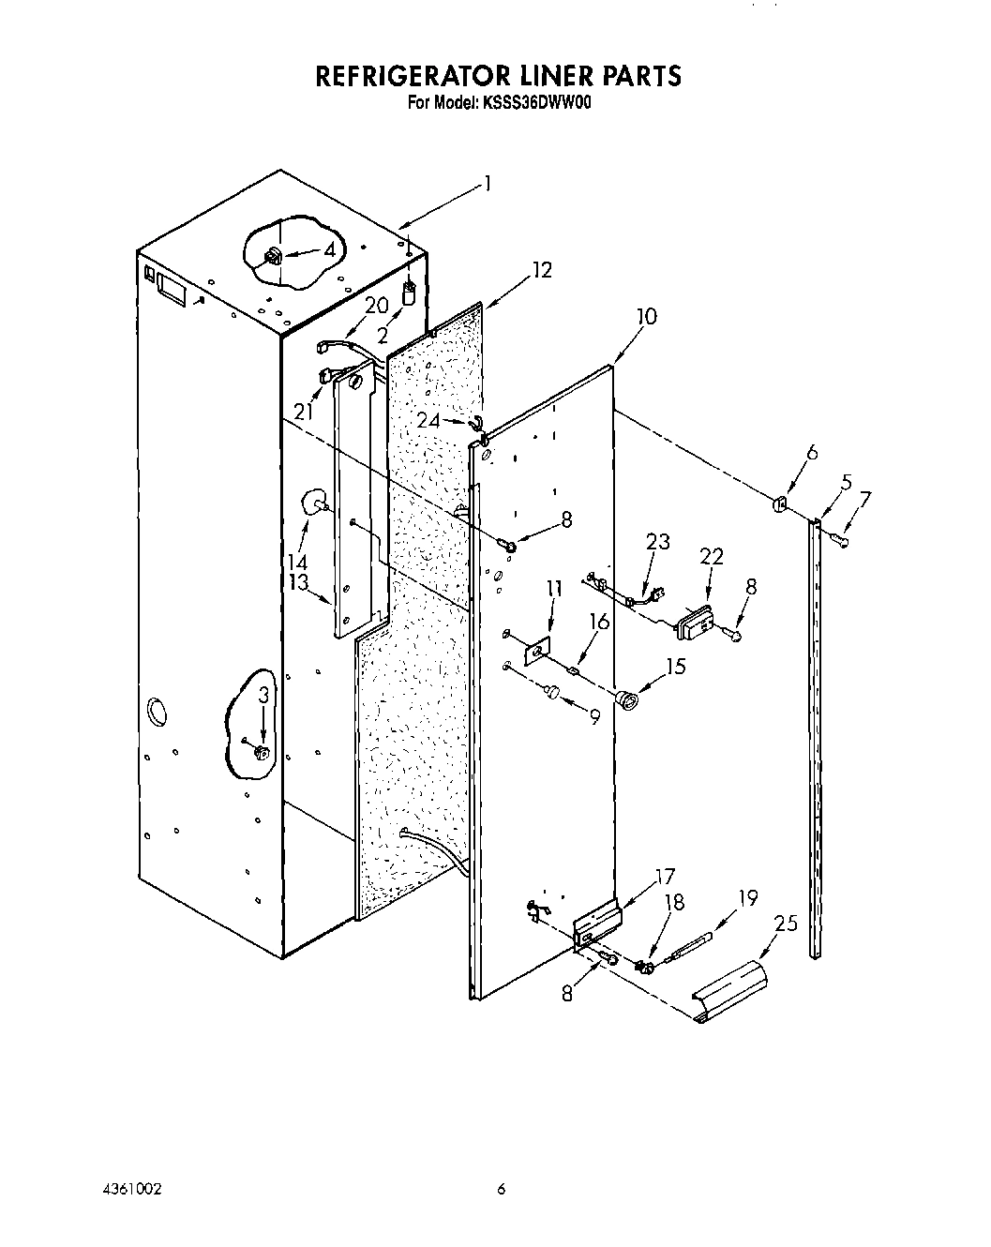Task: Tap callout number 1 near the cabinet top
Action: (x=487, y=184)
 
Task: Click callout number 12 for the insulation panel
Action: (x=542, y=270)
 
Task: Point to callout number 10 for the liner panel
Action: (x=646, y=317)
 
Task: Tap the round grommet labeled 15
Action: (x=625, y=698)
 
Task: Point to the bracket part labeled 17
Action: (x=597, y=924)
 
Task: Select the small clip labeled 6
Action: (x=780, y=504)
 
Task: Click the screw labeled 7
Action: (x=842, y=539)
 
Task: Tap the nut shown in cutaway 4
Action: (x=275, y=255)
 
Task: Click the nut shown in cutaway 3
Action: (x=262, y=752)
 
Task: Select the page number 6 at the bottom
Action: (x=502, y=1189)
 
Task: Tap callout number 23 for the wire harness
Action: (x=659, y=542)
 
